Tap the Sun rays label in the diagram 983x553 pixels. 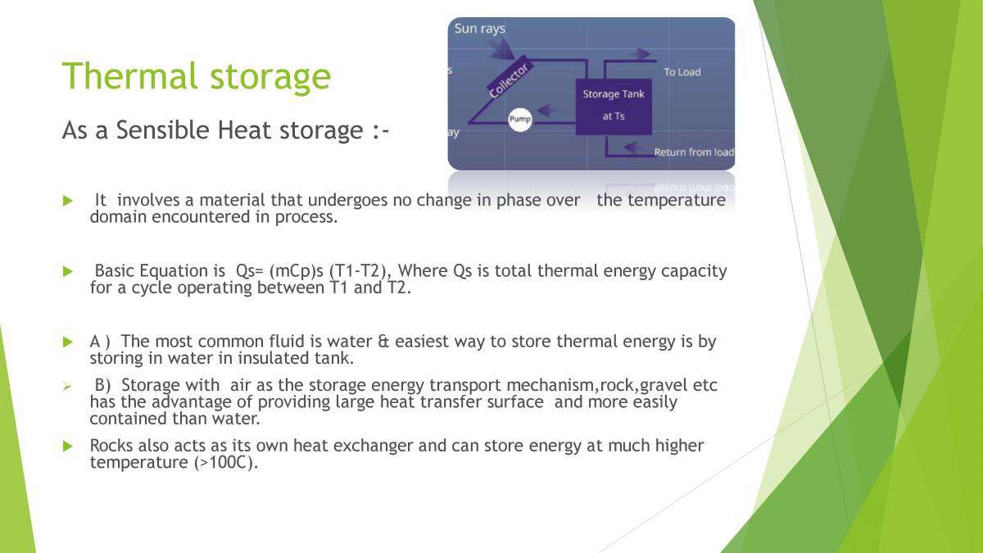click(480, 29)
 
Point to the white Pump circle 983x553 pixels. click(520, 120)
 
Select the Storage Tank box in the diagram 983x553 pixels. click(614, 106)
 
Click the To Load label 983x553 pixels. click(682, 72)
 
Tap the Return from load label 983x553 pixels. click(693, 152)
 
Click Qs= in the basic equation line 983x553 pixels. click(248, 271)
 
